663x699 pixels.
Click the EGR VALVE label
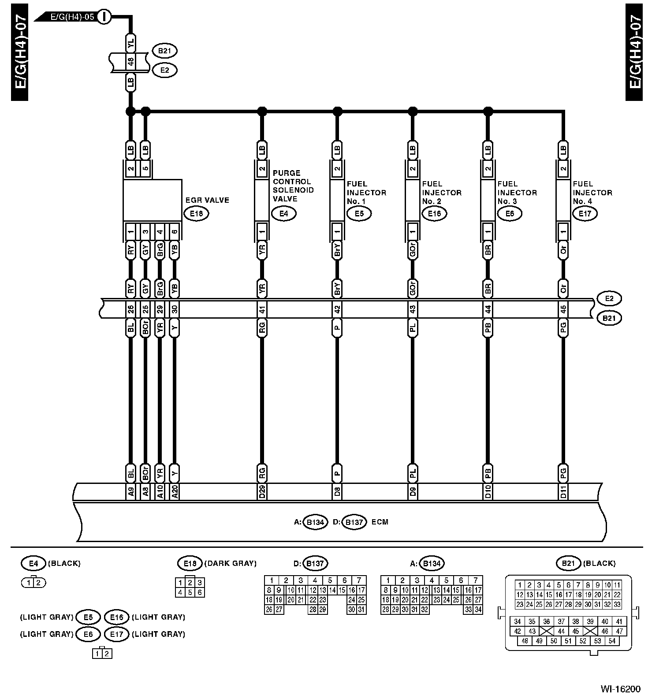(207, 200)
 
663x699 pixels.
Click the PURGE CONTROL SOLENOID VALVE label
(293, 186)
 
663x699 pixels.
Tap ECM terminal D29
(262, 491)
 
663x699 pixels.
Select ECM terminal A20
(175, 491)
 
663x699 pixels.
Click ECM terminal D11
(563, 491)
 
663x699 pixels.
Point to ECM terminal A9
(130, 491)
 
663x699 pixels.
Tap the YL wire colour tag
(130, 43)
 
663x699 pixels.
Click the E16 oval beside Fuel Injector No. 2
(434, 214)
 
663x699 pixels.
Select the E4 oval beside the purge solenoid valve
(284, 214)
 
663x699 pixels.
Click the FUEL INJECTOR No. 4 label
(592, 193)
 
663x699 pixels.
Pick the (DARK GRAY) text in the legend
(231, 563)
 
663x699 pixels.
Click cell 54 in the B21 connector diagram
(612, 641)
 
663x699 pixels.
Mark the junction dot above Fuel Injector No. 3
(488, 111)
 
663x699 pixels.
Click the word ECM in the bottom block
(380, 522)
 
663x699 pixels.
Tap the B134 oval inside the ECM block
(316, 522)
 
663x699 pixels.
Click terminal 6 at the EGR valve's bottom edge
(175, 232)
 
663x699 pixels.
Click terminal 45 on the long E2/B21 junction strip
(563, 309)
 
